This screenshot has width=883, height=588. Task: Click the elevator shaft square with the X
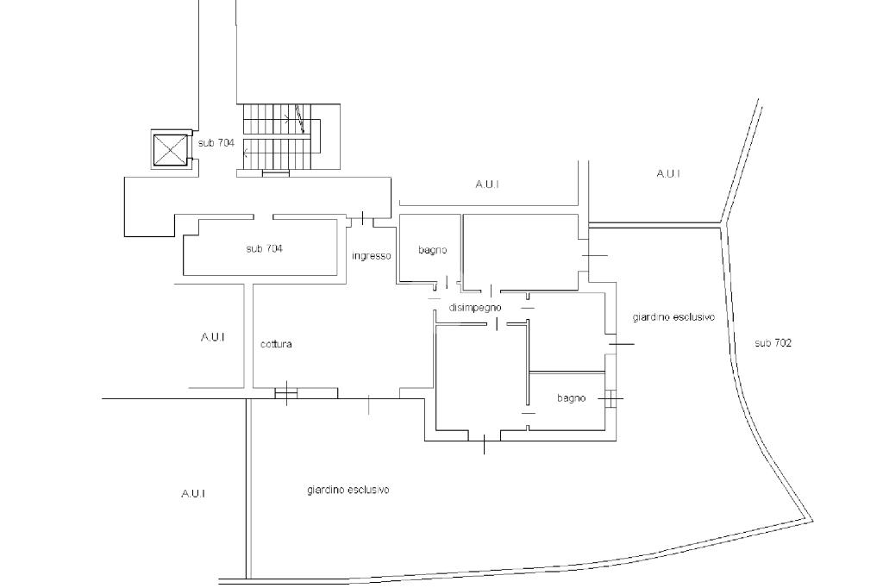(x=170, y=150)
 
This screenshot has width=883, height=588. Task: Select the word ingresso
(x=371, y=256)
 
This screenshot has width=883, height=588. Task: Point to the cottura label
(x=276, y=343)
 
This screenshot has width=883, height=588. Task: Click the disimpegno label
(x=475, y=308)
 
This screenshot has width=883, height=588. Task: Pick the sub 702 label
(x=773, y=342)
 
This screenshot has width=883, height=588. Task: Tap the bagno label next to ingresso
(x=433, y=250)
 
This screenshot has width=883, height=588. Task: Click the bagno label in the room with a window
(x=572, y=398)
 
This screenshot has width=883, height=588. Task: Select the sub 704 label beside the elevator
(x=216, y=143)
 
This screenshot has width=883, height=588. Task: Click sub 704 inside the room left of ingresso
(x=264, y=248)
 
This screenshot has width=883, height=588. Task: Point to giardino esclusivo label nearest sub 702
(x=673, y=317)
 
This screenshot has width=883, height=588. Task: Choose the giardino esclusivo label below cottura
(x=348, y=490)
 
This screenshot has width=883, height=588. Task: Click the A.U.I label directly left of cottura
(x=212, y=337)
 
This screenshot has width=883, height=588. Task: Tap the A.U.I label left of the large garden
(x=193, y=493)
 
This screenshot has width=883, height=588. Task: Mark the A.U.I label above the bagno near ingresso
(x=487, y=185)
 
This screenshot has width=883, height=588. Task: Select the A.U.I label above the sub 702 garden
(x=668, y=173)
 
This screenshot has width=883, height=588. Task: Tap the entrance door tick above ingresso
(x=362, y=217)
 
